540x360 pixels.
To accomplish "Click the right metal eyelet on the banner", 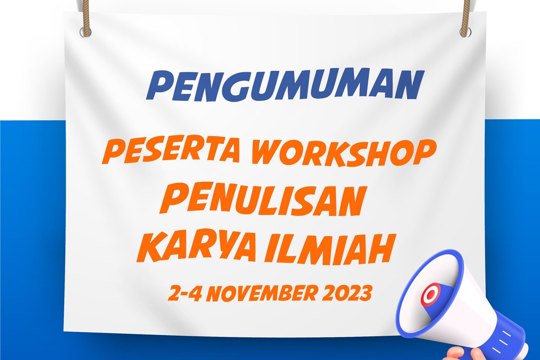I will (465, 32).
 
